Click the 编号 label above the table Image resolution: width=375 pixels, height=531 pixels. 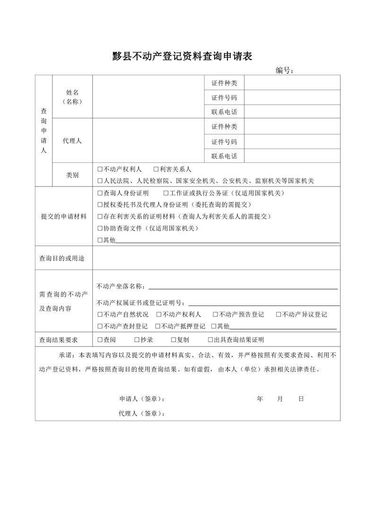tap(284, 71)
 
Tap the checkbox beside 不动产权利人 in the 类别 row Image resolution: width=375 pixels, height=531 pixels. tap(100, 169)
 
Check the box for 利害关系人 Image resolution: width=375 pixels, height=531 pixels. tap(156, 169)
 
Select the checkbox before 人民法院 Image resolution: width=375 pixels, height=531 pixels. tap(100, 181)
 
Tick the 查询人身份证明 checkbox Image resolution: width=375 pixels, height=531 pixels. tap(100, 193)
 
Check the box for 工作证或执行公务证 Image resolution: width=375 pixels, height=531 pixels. tap(166, 193)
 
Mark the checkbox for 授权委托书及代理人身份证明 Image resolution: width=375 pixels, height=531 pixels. tap(100, 205)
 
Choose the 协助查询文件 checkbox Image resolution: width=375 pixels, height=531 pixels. tap(100, 229)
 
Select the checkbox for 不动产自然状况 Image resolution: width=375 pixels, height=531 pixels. tap(100, 314)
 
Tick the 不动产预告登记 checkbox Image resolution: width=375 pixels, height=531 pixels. tap(215, 314)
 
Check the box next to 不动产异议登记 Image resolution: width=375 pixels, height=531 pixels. tap(279, 314)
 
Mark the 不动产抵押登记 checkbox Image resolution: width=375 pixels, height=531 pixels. tap(157, 326)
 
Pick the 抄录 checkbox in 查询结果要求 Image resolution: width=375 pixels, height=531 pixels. tap(137, 340)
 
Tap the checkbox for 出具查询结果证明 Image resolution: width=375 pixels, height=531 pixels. tap(210, 340)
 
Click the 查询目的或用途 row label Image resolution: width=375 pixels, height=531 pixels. tap(63, 258)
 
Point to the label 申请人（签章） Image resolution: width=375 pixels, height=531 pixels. tap(142, 399)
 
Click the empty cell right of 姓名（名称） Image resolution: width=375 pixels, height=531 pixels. tap(148, 96)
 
